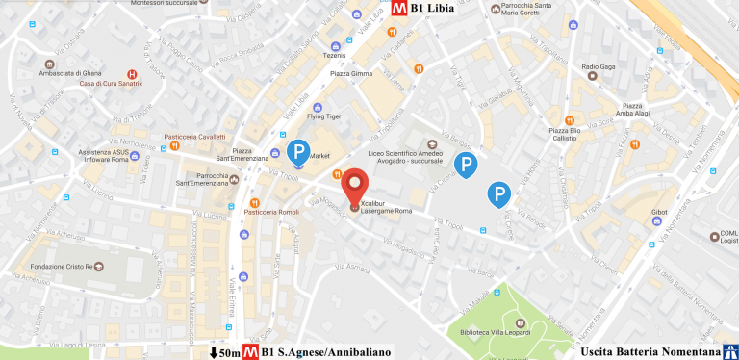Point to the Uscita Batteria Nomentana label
644,351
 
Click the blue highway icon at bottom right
728,350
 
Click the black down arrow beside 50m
214,352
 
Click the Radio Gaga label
598,66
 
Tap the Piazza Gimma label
350,74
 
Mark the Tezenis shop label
336,55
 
